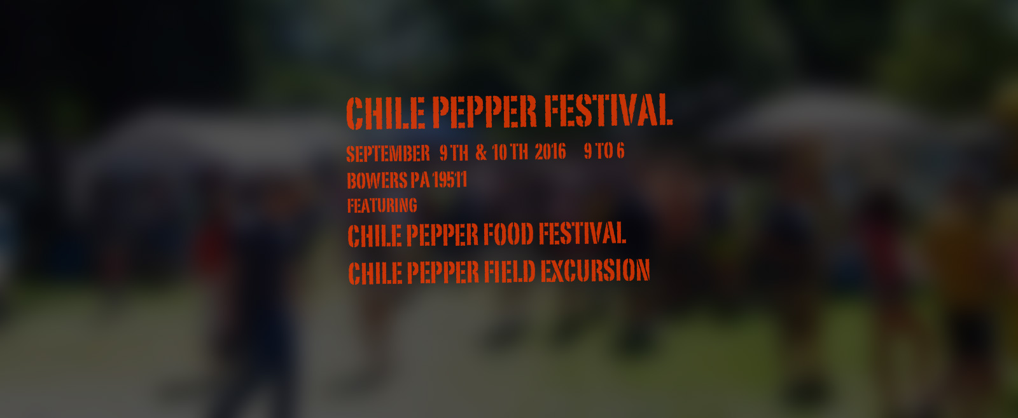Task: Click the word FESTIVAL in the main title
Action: tap(608, 111)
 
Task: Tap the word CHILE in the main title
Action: tap(386, 113)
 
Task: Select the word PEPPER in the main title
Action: tap(484, 112)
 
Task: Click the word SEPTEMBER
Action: tap(388, 154)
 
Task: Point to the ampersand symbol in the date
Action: tap(481, 153)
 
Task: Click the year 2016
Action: tap(550, 152)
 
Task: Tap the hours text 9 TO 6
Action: tap(604, 151)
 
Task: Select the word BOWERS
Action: tap(377, 180)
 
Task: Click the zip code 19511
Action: tap(449, 180)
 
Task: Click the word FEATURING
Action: tap(382, 206)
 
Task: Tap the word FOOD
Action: tap(508, 234)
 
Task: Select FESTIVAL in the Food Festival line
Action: tap(583, 233)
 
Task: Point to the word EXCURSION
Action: tap(596, 271)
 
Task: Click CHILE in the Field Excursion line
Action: tap(375, 273)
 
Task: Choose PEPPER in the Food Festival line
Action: tap(442, 235)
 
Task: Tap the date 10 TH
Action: tap(510, 152)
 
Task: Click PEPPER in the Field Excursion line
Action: tap(443, 273)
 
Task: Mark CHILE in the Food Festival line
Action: tap(375, 236)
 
